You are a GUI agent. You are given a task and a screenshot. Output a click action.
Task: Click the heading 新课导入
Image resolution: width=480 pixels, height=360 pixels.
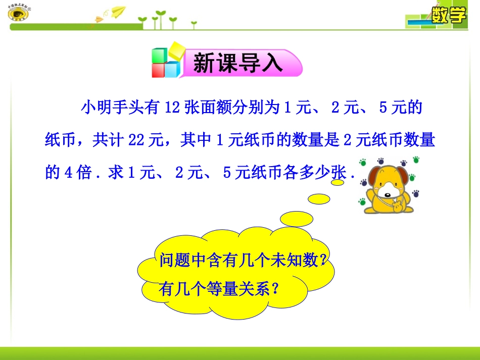coord(238,64)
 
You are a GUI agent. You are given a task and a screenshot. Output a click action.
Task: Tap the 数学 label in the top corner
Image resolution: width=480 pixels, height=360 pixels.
coord(448,16)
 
